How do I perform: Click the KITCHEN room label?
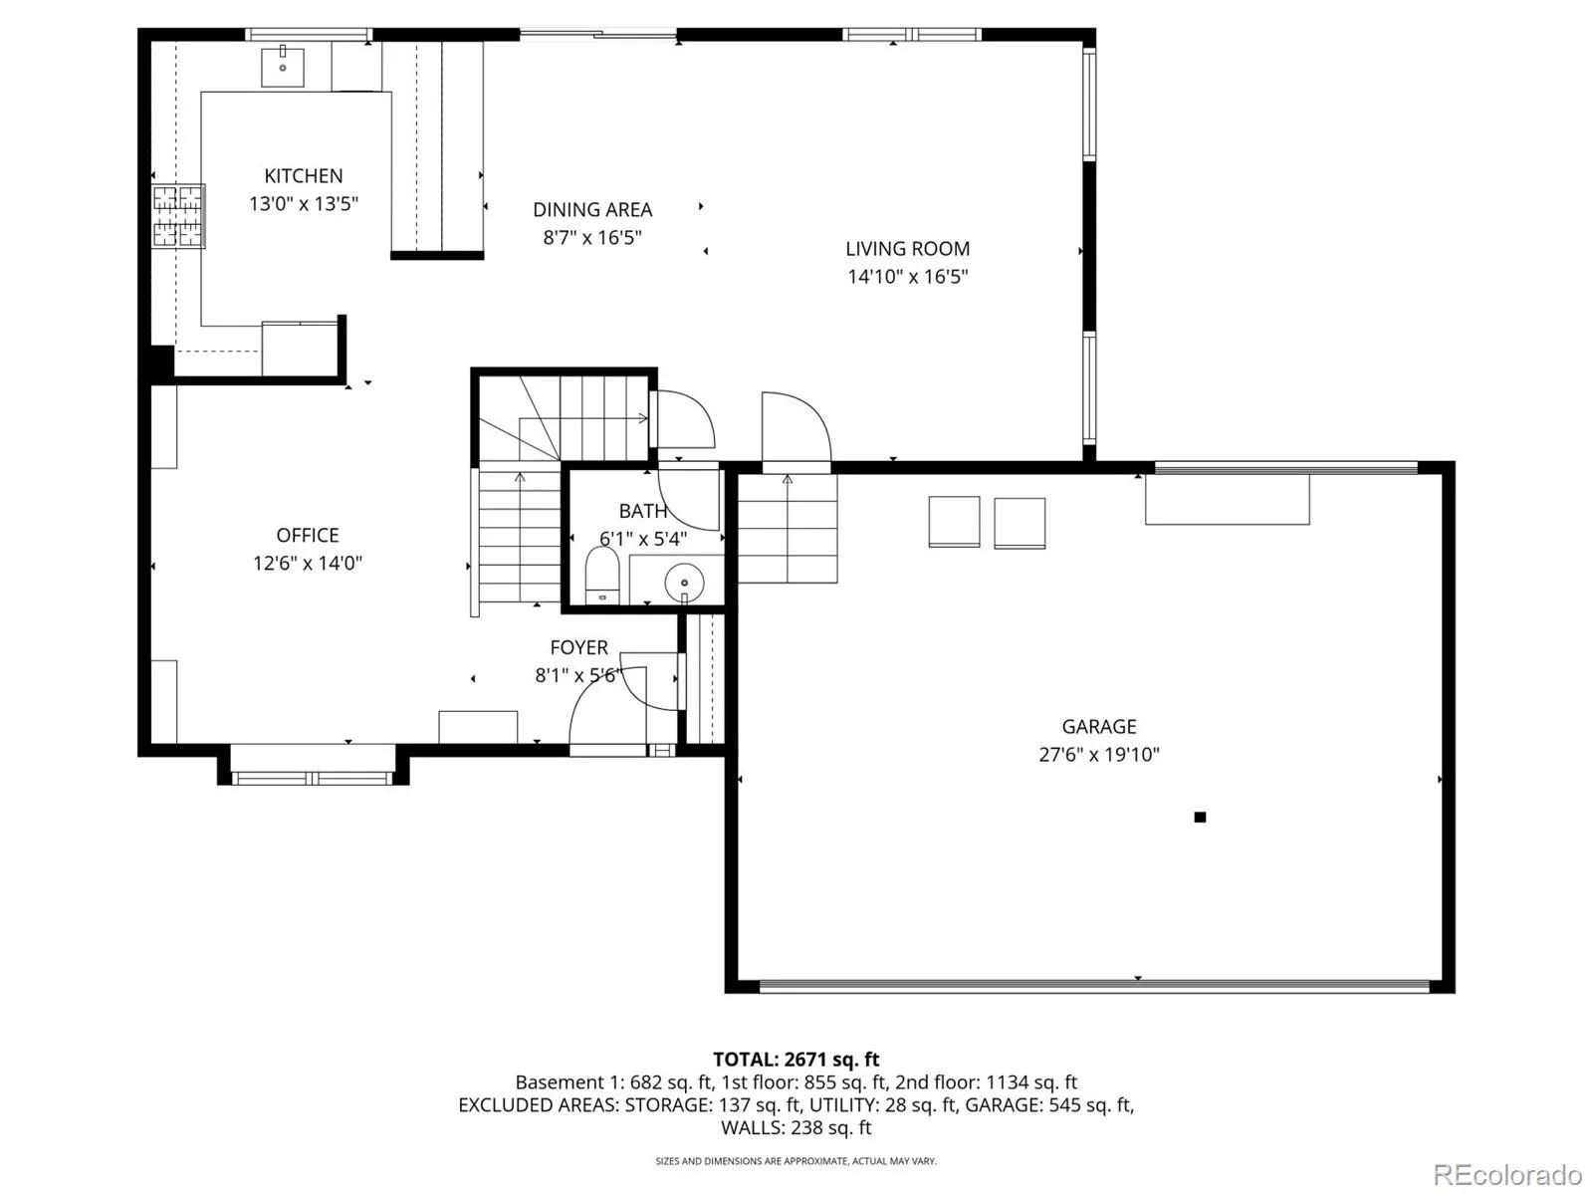click(304, 176)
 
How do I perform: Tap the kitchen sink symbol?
click(283, 66)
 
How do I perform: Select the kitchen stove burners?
click(178, 216)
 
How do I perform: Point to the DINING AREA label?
click(592, 210)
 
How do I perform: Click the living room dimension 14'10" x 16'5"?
click(907, 277)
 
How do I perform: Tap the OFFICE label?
click(308, 536)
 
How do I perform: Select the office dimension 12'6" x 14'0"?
click(308, 564)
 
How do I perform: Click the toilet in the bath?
click(601, 575)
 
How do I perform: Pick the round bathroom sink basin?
click(684, 583)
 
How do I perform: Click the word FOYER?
click(578, 647)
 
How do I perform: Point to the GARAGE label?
click(1099, 727)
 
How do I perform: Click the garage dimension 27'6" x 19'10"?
click(1099, 755)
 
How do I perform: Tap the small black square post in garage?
click(1200, 818)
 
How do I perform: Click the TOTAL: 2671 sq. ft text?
click(796, 1060)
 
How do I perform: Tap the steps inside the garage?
click(788, 529)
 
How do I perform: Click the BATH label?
click(643, 511)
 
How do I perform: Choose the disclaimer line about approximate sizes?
click(796, 1161)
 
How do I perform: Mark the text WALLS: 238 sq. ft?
click(796, 1128)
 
